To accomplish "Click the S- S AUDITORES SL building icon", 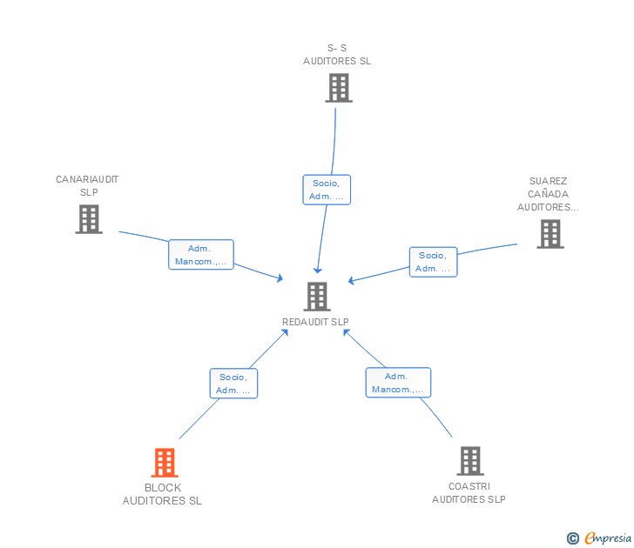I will [x=338, y=88].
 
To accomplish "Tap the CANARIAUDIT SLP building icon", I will [x=88, y=219].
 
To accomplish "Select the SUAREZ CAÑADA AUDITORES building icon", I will [x=550, y=233].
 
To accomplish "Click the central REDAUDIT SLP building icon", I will [x=316, y=297].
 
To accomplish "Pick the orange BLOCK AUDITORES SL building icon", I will [x=164, y=463].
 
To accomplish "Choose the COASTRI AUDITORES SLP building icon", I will [x=469, y=461].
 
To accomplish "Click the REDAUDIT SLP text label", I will [x=315, y=322].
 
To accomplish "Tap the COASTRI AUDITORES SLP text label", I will [x=469, y=493].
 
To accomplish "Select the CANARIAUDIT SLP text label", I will [x=87, y=185].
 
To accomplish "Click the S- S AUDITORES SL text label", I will [x=337, y=55].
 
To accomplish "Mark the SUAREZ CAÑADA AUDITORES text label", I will [x=548, y=195].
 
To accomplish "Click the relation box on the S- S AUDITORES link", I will [x=327, y=190].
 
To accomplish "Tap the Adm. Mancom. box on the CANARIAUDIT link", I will [x=200, y=255].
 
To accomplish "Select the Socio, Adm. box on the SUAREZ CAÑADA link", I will [x=433, y=262].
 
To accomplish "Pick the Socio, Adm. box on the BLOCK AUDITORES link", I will [x=233, y=384].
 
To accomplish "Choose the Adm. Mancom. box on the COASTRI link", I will [x=397, y=383].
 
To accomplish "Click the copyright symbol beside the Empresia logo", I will [x=572, y=538].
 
